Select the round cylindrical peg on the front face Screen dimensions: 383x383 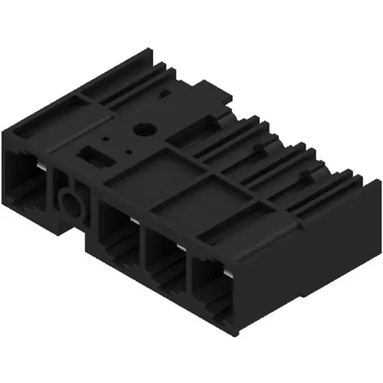pyautogui.click(x=69, y=204)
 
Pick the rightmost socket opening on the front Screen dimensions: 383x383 pyautogui.click(x=211, y=291)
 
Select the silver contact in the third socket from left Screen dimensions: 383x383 pyautogui.click(x=181, y=247)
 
